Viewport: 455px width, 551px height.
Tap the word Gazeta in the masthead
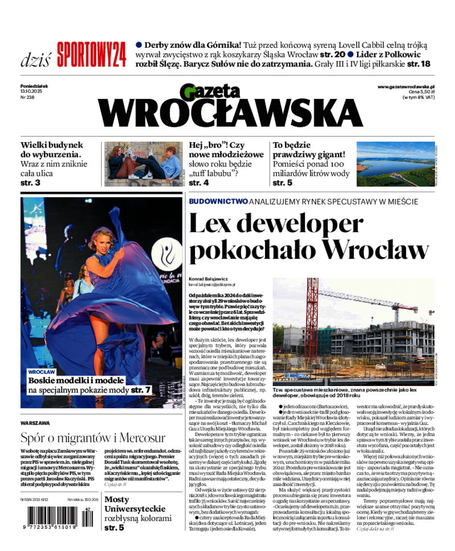[212, 91]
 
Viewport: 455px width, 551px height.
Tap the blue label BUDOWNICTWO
[218, 201]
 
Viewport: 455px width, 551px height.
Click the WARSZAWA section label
[35, 423]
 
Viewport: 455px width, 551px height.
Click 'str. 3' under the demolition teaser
[30, 183]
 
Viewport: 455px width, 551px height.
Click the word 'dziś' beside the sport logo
[35, 59]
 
